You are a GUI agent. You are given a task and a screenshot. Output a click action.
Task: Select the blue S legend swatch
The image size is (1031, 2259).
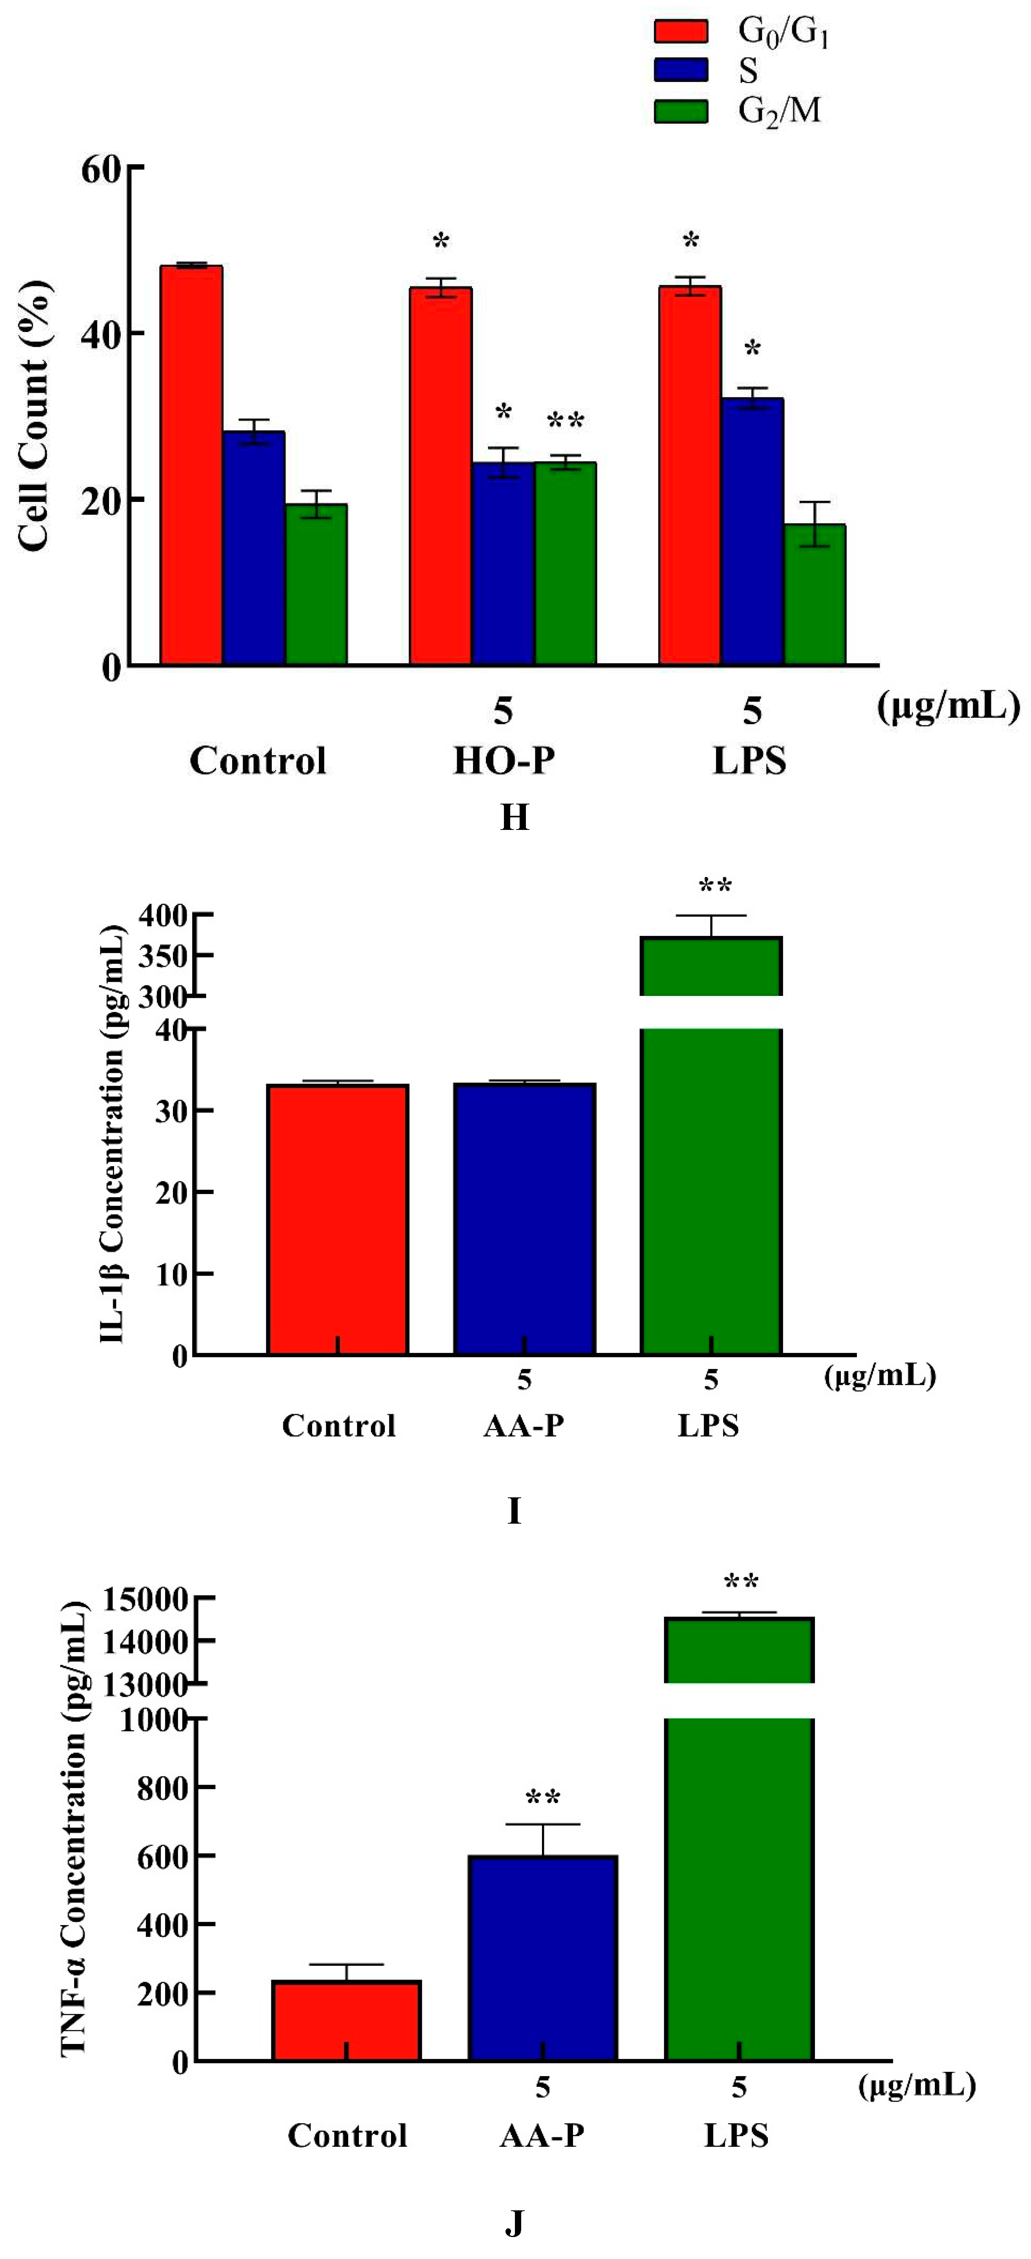(680, 70)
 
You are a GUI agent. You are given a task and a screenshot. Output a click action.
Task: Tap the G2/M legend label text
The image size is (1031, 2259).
(778, 111)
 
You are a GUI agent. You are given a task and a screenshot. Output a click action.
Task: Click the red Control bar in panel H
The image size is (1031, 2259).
(191, 465)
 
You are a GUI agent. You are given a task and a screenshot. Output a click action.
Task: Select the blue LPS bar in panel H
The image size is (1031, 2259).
(752, 531)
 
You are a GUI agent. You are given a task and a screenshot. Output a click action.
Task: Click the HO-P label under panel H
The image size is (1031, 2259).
(503, 760)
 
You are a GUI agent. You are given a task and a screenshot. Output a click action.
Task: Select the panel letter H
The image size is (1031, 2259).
(515, 817)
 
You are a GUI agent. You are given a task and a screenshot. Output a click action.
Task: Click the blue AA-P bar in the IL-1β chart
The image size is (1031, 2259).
(524, 1219)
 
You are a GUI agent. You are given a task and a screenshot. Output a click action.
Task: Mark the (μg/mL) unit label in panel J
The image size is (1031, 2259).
(916, 2084)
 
